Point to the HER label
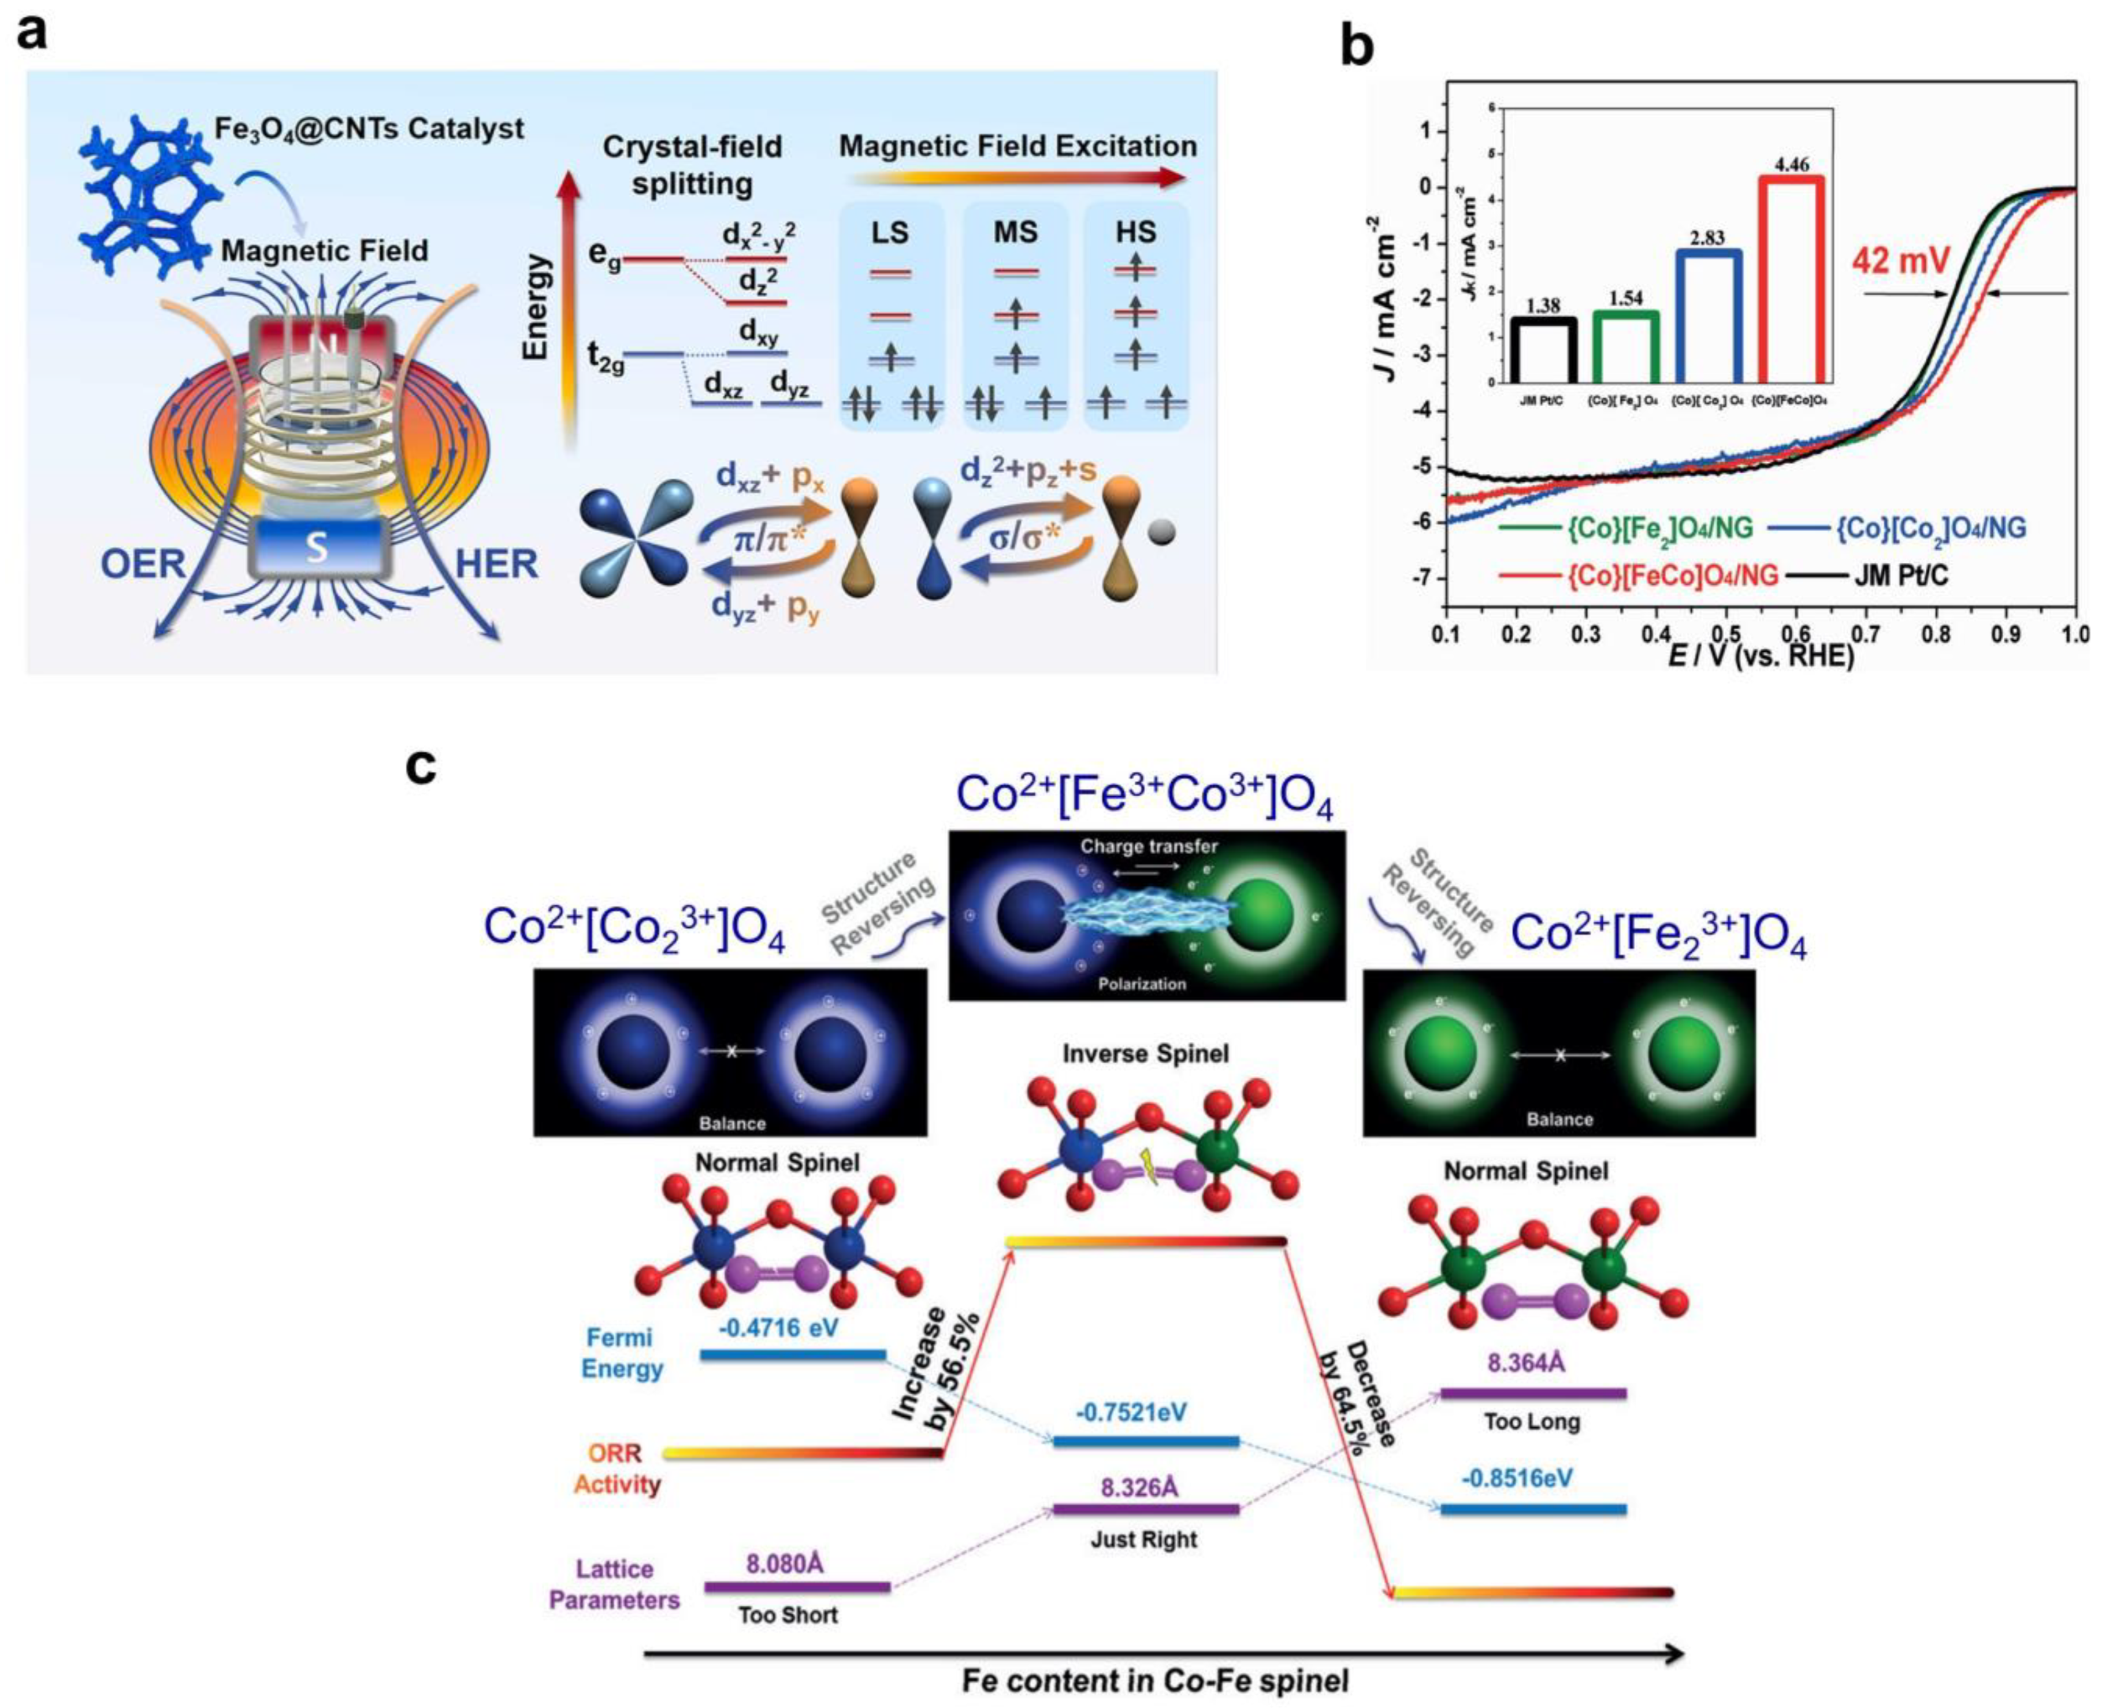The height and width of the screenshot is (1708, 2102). pyautogui.click(x=497, y=564)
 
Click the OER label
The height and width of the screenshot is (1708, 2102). pyautogui.click(x=143, y=564)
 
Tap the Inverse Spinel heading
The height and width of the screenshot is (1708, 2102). pyautogui.click(x=1146, y=1054)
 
